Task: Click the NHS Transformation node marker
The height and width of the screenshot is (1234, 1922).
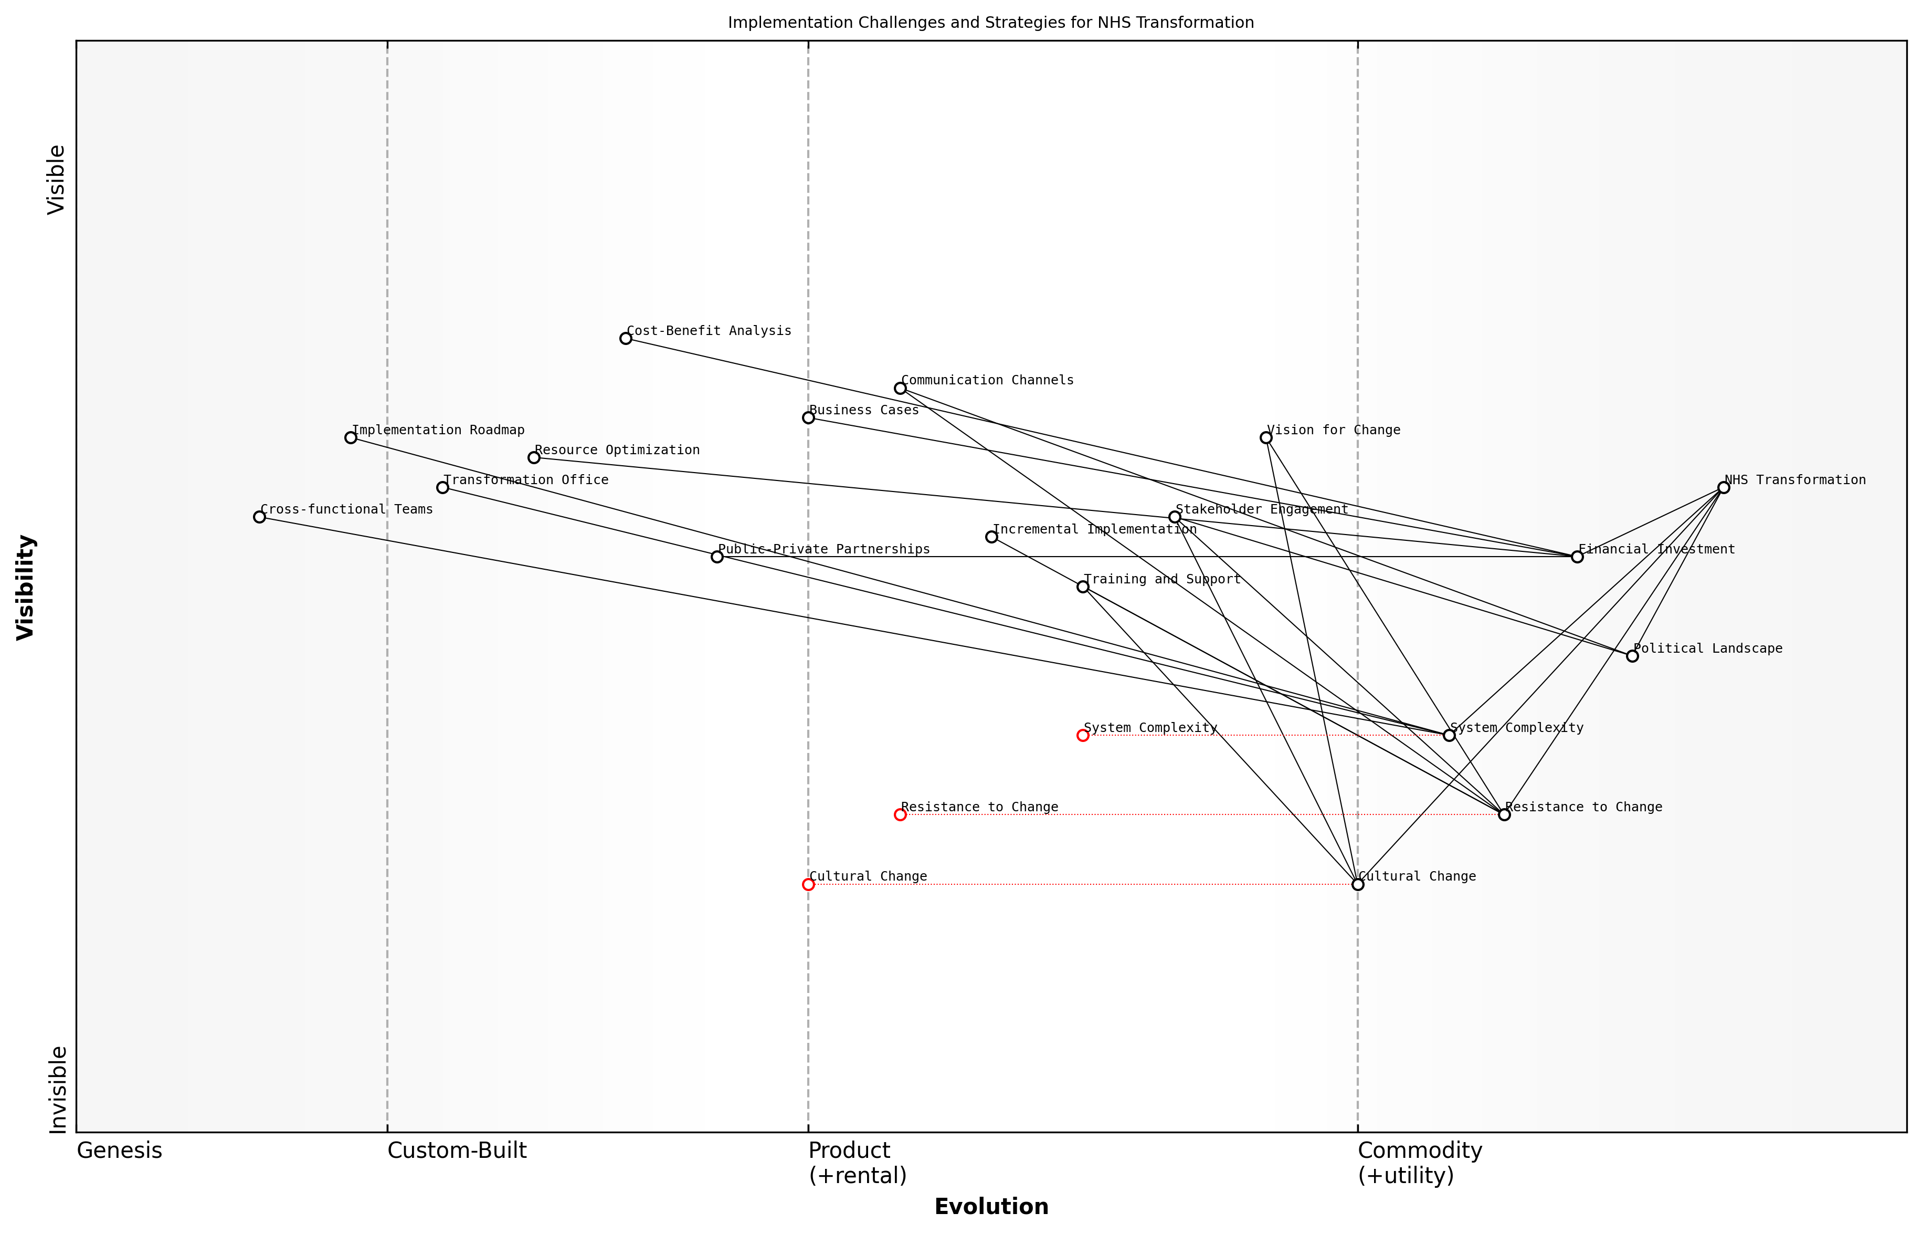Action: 1723,487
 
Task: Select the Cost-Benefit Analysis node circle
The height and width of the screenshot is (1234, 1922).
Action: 626,338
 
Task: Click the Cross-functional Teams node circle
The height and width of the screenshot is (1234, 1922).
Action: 259,517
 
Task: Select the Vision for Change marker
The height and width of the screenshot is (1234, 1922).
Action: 1266,437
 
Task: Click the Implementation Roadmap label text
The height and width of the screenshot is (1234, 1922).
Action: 438,430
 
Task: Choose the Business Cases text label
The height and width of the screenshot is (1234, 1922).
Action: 864,410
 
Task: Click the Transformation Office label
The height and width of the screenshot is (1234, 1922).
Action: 526,480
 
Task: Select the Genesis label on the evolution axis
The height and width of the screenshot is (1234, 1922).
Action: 119,1151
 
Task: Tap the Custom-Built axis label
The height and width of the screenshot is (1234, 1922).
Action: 457,1151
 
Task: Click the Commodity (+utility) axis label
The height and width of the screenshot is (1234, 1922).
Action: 1420,1163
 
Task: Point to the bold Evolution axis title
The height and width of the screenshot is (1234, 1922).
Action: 991,1207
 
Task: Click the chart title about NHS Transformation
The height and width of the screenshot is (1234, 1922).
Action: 990,23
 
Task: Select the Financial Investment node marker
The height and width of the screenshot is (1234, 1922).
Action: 1577,557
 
